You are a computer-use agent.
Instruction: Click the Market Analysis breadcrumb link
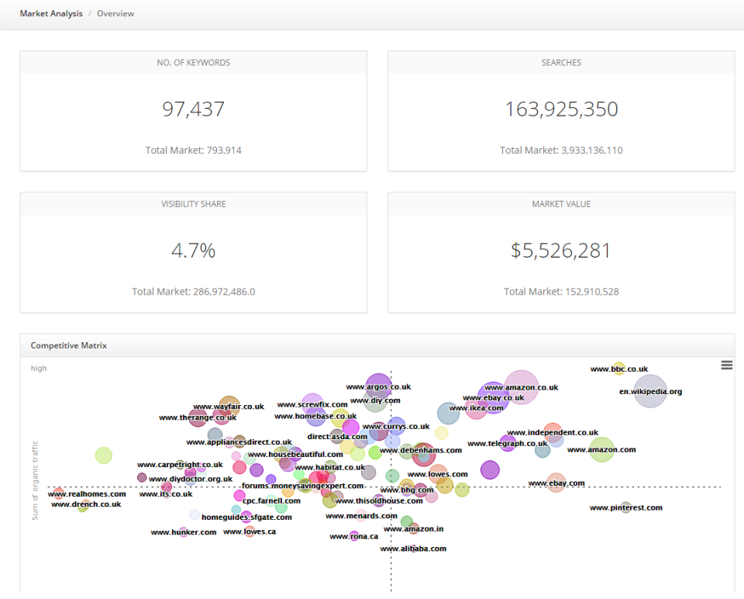coord(51,14)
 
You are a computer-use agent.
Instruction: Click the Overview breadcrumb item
coord(115,14)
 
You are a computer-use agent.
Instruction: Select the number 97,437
coord(193,109)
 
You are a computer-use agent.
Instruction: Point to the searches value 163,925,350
coord(561,109)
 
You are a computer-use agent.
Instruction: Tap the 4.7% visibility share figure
coord(193,251)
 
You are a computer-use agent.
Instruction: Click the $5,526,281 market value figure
coord(561,251)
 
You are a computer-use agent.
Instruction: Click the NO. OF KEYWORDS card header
coord(193,63)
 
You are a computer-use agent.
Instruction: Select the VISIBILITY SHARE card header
coord(193,204)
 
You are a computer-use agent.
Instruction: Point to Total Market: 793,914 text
coord(193,151)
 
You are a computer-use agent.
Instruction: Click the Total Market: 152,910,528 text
coord(561,292)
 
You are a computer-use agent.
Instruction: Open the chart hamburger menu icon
coord(726,365)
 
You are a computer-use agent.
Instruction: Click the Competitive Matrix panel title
coord(68,345)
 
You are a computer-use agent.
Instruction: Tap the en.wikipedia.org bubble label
coord(650,392)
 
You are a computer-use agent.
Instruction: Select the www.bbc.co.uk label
coord(618,369)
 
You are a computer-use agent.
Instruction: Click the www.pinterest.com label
coord(625,508)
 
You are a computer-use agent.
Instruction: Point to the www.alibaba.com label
coord(413,549)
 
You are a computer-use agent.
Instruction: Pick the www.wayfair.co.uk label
coord(228,407)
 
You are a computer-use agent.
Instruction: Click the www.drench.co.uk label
coord(86,504)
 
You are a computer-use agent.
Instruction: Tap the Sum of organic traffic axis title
coord(35,480)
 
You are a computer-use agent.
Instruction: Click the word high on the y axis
coord(39,369)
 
